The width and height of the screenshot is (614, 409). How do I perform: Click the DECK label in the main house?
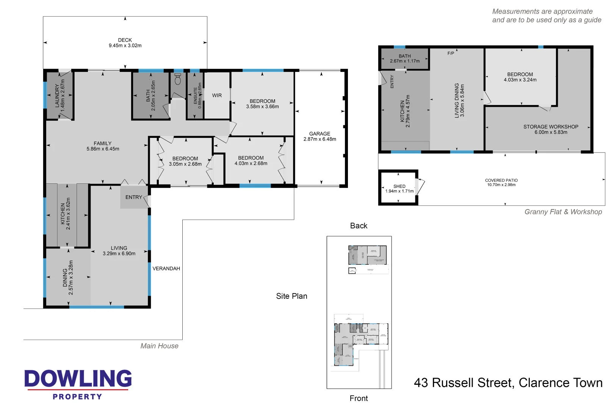125,40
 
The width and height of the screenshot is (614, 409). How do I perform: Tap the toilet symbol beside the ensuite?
178,80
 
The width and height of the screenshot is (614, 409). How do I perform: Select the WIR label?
217,95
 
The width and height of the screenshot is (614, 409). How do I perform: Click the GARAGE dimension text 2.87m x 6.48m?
320,139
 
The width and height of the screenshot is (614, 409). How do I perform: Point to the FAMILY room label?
102,143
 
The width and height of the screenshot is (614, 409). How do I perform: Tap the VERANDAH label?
166,269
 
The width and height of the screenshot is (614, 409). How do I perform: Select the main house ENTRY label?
133,197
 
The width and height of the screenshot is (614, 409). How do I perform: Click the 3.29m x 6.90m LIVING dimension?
119,254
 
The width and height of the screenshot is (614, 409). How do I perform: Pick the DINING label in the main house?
65,278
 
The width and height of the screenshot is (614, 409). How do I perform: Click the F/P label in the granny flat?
451,53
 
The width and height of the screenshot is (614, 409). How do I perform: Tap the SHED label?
399,186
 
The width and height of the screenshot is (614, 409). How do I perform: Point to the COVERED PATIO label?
501,180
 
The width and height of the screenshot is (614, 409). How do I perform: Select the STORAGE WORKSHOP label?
550,127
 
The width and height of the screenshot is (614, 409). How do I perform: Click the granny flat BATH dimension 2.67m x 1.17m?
404,61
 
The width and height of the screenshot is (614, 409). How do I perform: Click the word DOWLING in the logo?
78,379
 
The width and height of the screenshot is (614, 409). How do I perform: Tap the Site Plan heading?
291,296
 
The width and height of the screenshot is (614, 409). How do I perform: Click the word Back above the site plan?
359,226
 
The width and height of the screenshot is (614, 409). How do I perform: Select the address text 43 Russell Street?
464,383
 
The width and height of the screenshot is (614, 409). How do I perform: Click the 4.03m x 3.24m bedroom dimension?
520,80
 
